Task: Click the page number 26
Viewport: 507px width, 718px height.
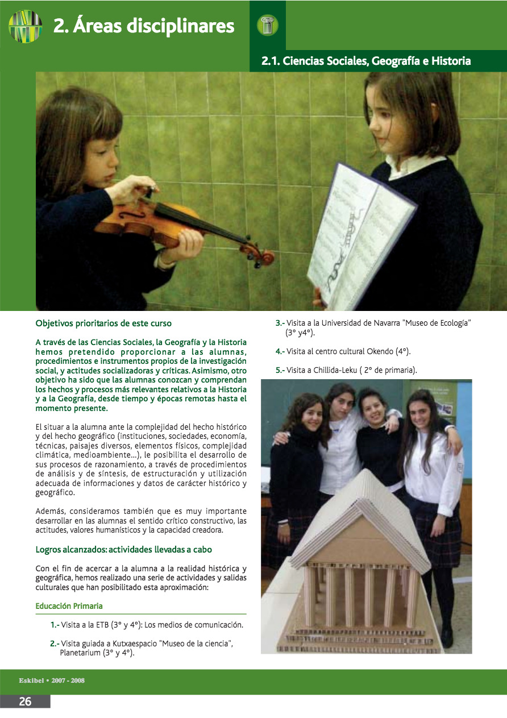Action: pyautogui.click(x=25, y=702)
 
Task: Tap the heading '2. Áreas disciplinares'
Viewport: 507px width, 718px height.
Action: pyautogui.click(x=144, y=26)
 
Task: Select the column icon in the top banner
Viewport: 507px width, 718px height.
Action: pyautogui.click(x=267, y=24)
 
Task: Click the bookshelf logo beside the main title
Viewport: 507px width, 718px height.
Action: pyautogui.click(x=25, y=26)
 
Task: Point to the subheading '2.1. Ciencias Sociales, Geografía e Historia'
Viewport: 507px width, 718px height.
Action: pyautogui.click(x=365, y=60)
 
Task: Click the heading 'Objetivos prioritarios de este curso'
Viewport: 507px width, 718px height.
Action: pyautogui.click(x=103, y=323)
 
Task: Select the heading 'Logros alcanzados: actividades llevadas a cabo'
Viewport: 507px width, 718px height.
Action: pyautogui.click(x=123, y=550)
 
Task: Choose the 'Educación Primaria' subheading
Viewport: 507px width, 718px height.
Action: pyautogui.click(x=69, y=606)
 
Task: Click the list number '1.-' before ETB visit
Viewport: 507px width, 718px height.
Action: pyautogui.click(x=55, y=625)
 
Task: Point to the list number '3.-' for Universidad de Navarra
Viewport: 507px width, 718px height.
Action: pyautogui.click(x=280, y=323)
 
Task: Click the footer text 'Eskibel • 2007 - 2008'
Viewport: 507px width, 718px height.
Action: pyautogui.click(x=52, y=680)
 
